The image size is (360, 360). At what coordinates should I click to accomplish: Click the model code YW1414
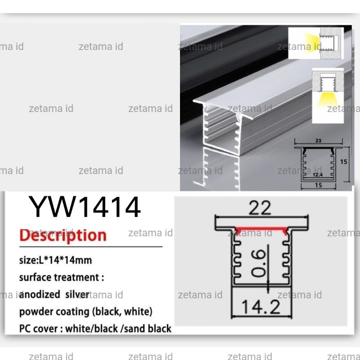(x=84, y=207)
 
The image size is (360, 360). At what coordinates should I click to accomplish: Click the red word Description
(x=63, y=235)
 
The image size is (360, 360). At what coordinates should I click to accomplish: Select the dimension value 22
(x=260, y=208)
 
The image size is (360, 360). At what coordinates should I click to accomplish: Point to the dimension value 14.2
(x=261, y=307)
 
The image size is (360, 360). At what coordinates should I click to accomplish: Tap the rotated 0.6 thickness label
(x=259, y=263)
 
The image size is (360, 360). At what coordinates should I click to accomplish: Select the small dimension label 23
(x=318, y=140)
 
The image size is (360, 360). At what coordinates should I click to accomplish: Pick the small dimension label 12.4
(x=318, y=175)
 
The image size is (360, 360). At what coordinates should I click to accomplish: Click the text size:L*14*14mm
(x=55, y=261)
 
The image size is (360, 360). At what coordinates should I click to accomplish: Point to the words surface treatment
(x=59, y=277)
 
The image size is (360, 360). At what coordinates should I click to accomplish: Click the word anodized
(x=40, y=294)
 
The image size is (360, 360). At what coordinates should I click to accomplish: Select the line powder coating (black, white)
(x=86, y=311)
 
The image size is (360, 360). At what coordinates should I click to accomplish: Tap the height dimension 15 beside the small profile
(x=343, y=162)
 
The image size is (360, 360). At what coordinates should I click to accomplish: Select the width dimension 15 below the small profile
(x=319, y=185)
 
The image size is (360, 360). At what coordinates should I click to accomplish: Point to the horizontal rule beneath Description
(x=91, y=247)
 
